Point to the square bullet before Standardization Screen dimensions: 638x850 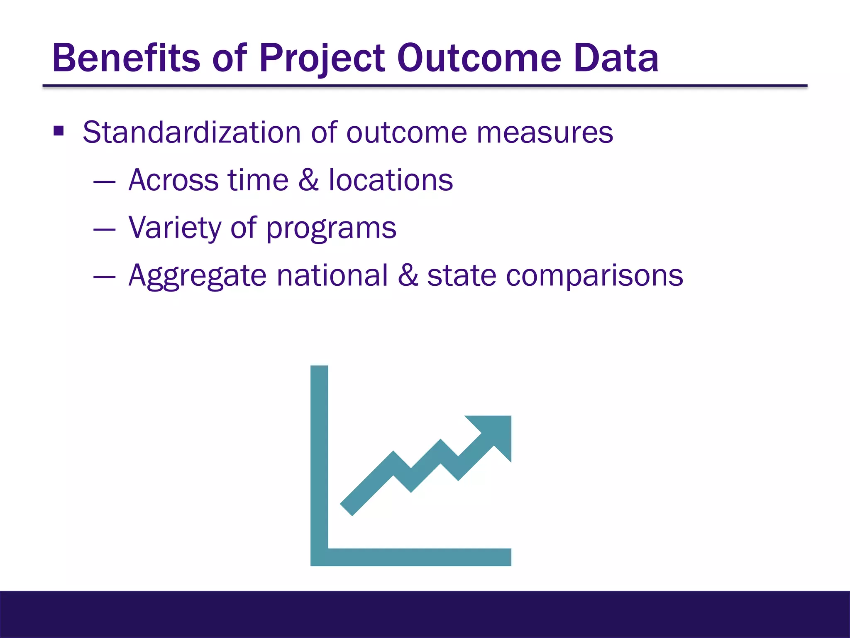click(x=59, y=132)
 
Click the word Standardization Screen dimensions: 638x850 click(x=191, y=133)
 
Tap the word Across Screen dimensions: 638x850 click(x=173, y=180)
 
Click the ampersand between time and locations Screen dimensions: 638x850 click(x=308, y=180)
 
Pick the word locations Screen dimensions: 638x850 click(x=391, y=180)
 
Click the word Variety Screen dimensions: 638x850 click(x=175, y=228)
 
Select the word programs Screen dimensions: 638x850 click(x=331, y=229)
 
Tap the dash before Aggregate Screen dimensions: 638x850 click(x=104, y=276)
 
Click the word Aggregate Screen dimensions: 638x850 click(x=197, y=276)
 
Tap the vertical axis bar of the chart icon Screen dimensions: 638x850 click(x=319, y=457)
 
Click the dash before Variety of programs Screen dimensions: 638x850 click(x=104, y=228)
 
